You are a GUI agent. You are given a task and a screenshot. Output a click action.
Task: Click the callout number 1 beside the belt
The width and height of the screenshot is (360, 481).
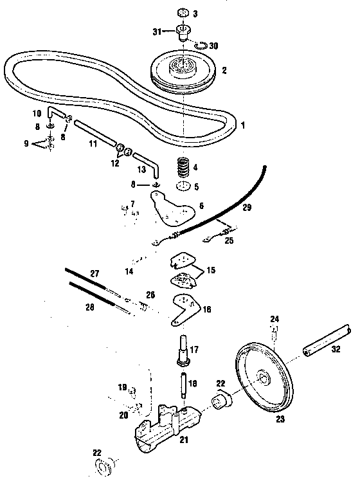click(243, 125)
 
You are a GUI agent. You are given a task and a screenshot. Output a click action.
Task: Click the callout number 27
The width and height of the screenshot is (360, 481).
click(95, 274)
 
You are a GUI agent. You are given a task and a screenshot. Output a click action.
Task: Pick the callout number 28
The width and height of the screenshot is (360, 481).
click(89, 307)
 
